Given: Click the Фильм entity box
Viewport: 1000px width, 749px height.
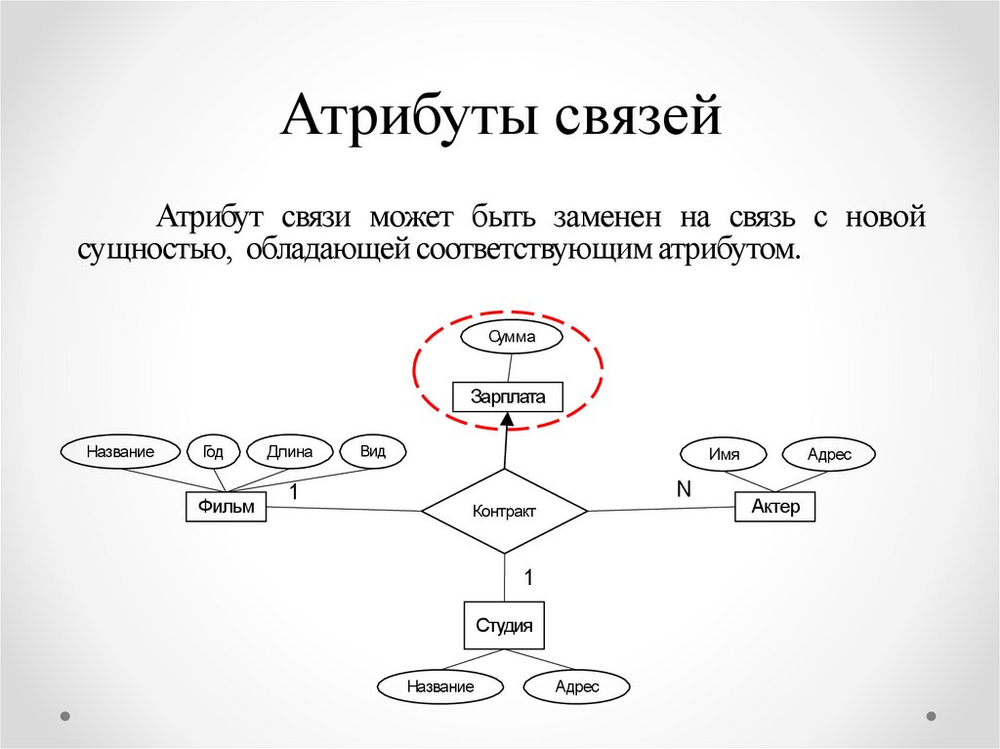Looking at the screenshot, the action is coord(226,506).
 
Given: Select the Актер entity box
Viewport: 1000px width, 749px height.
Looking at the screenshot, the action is coord(774,506).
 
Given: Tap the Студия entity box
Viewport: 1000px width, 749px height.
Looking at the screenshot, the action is coord(504,626).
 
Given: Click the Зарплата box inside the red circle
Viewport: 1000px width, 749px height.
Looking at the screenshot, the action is coord(508,396).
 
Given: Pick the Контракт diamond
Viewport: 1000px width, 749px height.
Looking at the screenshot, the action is coord(504,511).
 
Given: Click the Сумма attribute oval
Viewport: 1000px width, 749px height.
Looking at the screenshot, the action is coord(512,337).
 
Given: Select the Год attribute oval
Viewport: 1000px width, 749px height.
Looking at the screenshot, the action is coord(213,451).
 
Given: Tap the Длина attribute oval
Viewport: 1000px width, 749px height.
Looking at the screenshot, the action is coord(288,451).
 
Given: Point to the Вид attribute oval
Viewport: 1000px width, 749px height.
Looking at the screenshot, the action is coord(372,450).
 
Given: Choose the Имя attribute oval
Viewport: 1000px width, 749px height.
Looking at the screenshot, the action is coord(724,454).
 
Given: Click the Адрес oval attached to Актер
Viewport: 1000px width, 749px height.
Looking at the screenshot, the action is coord(829,454).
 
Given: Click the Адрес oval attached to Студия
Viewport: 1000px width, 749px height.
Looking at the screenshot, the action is coord(576,687).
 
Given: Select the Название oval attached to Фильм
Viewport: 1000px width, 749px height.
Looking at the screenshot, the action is coord(120,451).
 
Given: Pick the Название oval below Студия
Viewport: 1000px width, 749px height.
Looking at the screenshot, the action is coord(440,687).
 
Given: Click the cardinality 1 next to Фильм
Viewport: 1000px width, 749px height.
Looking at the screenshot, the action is coord(292,494).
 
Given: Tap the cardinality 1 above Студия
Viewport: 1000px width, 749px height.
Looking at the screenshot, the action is coord(528,577).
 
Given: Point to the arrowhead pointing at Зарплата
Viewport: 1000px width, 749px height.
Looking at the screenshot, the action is coord(507,419).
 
